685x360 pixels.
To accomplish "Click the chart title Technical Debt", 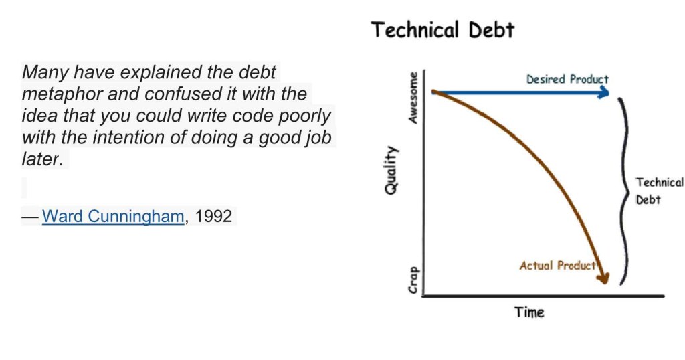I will (443, 30).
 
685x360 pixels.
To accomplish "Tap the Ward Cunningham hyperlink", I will (112, 216).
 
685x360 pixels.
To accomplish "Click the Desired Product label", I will (567, 79).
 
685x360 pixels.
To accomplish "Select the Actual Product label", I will (557, 266).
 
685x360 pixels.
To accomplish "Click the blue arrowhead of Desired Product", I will (605, 92).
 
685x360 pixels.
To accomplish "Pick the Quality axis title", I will (391, 170).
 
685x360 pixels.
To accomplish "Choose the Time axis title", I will (529, 312).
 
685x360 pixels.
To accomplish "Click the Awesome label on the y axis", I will (413, 98).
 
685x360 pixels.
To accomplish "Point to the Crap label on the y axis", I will (413, 280).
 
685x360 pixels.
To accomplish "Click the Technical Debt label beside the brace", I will (659, 191).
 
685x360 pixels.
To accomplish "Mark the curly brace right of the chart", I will (626, 191).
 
